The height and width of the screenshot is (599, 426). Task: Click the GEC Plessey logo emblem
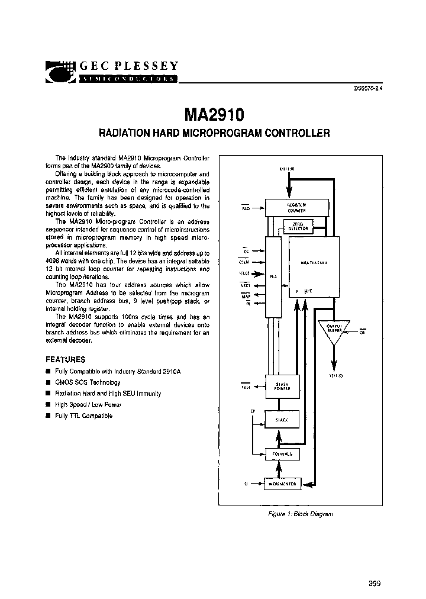(61, 72)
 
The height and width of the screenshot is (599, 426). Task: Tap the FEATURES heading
(65, 359)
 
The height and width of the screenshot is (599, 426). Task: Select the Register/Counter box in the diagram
(296, 207)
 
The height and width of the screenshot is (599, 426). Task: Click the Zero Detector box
(297, 227)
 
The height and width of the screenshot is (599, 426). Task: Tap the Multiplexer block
(314, 263)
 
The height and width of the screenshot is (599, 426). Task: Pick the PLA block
(273, 275)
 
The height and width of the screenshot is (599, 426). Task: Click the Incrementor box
(285, 483)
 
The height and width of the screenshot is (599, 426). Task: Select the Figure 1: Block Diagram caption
(298, 514)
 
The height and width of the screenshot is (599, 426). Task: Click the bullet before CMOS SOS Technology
(48, 382)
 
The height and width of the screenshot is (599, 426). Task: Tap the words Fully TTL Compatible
(83, 416)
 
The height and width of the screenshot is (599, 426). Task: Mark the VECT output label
(245, 285)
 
